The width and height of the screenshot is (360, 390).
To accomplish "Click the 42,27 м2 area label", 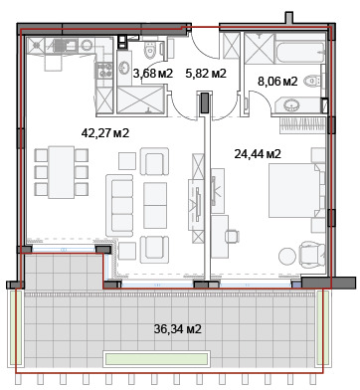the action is pyautogui.click(x=105, y=133).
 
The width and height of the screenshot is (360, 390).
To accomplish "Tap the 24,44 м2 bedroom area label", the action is pyautogui.click(x=258, y=154).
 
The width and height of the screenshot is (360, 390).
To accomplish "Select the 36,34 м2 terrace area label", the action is pyautogui.click(x=178, y=329).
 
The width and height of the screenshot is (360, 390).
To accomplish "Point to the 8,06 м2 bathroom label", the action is pyautogui.click(x=277, y=82).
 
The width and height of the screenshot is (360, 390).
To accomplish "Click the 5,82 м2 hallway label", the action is pyautogui.click(x=206, y=74).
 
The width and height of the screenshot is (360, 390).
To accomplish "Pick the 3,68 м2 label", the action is pyautogui.click(x=153, y=74).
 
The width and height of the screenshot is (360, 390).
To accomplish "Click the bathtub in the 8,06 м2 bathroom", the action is pyautogui.click(x=300, y=52).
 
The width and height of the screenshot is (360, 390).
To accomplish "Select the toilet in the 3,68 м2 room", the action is pyautogui.click(x=151, y=51).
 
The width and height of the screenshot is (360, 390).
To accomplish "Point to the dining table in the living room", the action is pyautogui.click(x=61, y=172).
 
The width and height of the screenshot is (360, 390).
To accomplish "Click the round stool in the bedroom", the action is pyautogui.click(x=287, y=256).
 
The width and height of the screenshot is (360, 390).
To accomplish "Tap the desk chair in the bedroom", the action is pyautogui.click(x=232, y=237).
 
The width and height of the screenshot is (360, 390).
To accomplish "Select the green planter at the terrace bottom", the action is pyautogui.click(x=156, y=358).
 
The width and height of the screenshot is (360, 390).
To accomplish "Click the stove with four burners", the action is pyautogui.click(x=104, y=70).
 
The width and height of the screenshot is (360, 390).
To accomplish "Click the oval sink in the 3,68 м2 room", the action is pyautogui.click(x=124, y=68).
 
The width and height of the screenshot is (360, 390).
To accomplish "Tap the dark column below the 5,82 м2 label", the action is pyautogui.click(x=205, y=102).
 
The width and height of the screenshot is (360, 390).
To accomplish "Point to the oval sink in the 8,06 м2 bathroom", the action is pyautogui.click(x=292, y=105).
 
